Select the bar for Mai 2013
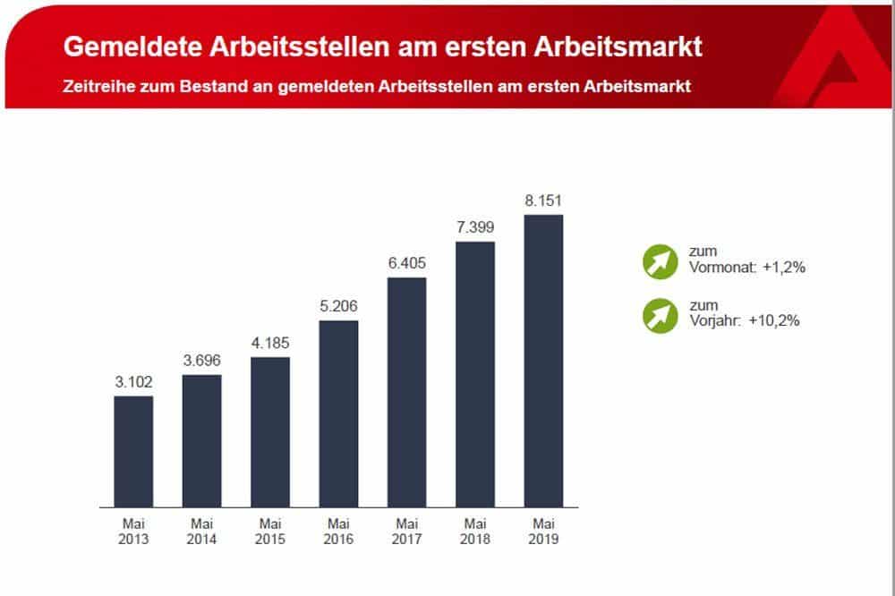(133, 452)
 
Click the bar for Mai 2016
(338, 413)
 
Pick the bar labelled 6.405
(406, 392)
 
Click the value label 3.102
(133, 382)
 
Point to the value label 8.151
(543, 200)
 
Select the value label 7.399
(475, 227)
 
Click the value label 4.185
(270, 344)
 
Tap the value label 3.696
(201, 361)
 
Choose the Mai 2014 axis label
(201, 532)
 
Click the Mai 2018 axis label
(475, 532)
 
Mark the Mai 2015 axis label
(270, 532)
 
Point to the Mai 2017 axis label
(406, 532)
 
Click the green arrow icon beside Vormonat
(661, 260)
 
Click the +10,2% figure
(778, 320)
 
